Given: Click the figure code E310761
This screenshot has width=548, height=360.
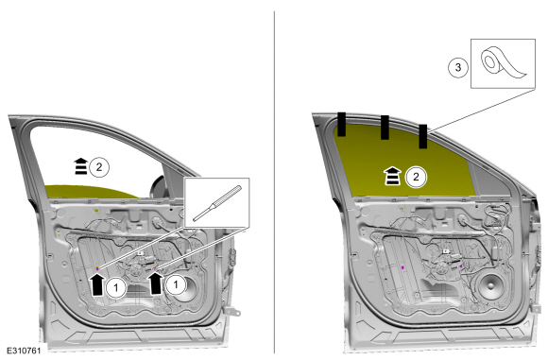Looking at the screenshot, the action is pyautogui.click(x=24, y=351).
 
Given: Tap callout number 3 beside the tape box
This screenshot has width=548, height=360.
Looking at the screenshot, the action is pyautogui.click(x=458, y=67).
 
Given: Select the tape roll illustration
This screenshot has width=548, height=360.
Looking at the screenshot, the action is pyautogui.click(x=503, y=63).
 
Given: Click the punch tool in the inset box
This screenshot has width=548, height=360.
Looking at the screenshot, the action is pyautogui.click(x=217, y=203).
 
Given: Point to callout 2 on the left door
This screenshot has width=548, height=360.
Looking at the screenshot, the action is pyautogui.click(x=99, y=167).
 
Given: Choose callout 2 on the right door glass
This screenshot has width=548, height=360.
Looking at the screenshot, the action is pyautogui.click(x=416, y=177).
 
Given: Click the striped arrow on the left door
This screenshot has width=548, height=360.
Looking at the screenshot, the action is pyautogui.click(x=80, y=166).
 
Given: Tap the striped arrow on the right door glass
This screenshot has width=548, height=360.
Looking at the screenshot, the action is pyautogui.click(x=393, y=176).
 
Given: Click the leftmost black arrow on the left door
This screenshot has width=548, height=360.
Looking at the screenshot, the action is pyautogui.click(x=97, y=284).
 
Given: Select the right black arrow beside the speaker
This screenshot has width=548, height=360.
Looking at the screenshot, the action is pyautogui.click(x=156, y=283).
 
